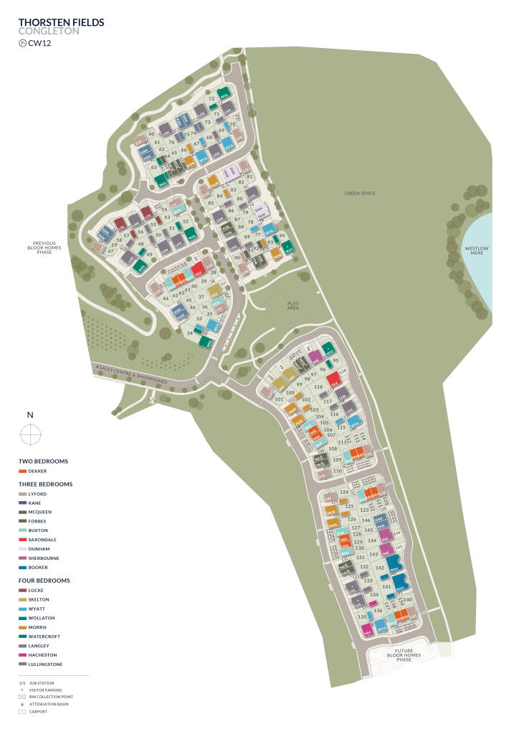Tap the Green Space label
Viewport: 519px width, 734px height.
click(x=359, y=193)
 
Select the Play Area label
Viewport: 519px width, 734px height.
click(x=292, y=305)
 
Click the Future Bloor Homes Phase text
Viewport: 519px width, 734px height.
click(x=404, y=654)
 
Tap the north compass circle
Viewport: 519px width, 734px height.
click(x=30, y=434)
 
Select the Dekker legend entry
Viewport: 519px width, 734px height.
click(x=37, y=471)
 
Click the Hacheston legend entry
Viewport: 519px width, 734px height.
click(x=42, y=655)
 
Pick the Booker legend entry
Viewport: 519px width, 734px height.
click(x=38, y=567)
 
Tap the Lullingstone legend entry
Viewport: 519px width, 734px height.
click(x=44, y=664)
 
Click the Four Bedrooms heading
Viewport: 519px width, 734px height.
click(x=44, y=580)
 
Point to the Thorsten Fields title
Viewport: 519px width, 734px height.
click(x=61, y=23)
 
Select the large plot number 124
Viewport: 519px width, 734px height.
click(x=344, y=492)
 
